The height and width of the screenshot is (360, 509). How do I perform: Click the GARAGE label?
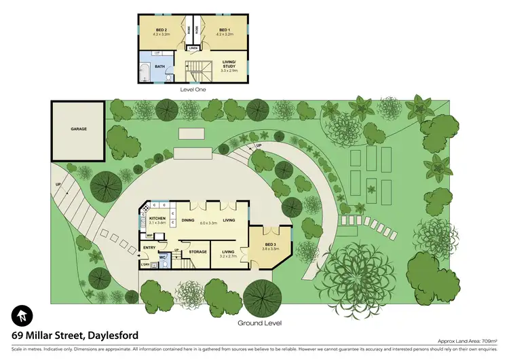click(x=78, y=128)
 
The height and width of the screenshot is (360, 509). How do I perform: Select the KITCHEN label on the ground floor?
click(x=158, y=218)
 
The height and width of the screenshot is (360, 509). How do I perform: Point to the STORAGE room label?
click(x=197, y=252)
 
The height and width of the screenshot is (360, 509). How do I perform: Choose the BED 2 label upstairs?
click(x=161, y=31)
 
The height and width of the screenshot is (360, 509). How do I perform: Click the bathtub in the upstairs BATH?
click(x=145, y=73)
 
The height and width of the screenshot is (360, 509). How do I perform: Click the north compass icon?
click(x=21, y=315)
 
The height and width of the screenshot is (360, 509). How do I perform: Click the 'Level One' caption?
click(x=193, y=89)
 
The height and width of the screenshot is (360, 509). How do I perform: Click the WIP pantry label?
click(x=149, y=235)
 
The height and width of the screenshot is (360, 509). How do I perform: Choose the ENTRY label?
click(x=149, y=247)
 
